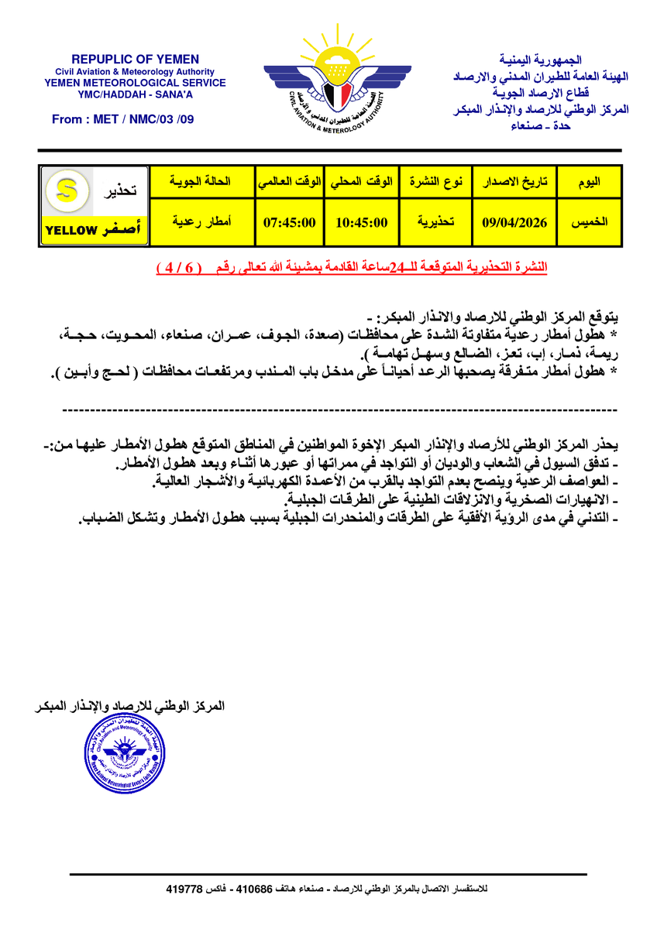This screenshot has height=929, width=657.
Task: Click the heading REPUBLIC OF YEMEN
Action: pos(135,60)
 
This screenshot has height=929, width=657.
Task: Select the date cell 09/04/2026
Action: pos(514,222)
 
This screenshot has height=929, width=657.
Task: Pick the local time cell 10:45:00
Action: pos(362,222)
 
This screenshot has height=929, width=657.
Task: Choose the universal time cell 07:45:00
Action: pos(289,222)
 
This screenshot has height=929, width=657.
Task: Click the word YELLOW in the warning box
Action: pos(71,231)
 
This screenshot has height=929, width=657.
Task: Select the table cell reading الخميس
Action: pos(589,222)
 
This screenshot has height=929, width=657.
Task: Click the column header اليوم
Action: pos(589,183)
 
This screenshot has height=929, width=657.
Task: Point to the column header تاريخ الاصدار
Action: pos(514,183)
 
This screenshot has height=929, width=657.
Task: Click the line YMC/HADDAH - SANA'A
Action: pos(135,94)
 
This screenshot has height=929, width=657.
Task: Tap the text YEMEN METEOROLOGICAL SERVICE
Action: pos(135,83)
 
